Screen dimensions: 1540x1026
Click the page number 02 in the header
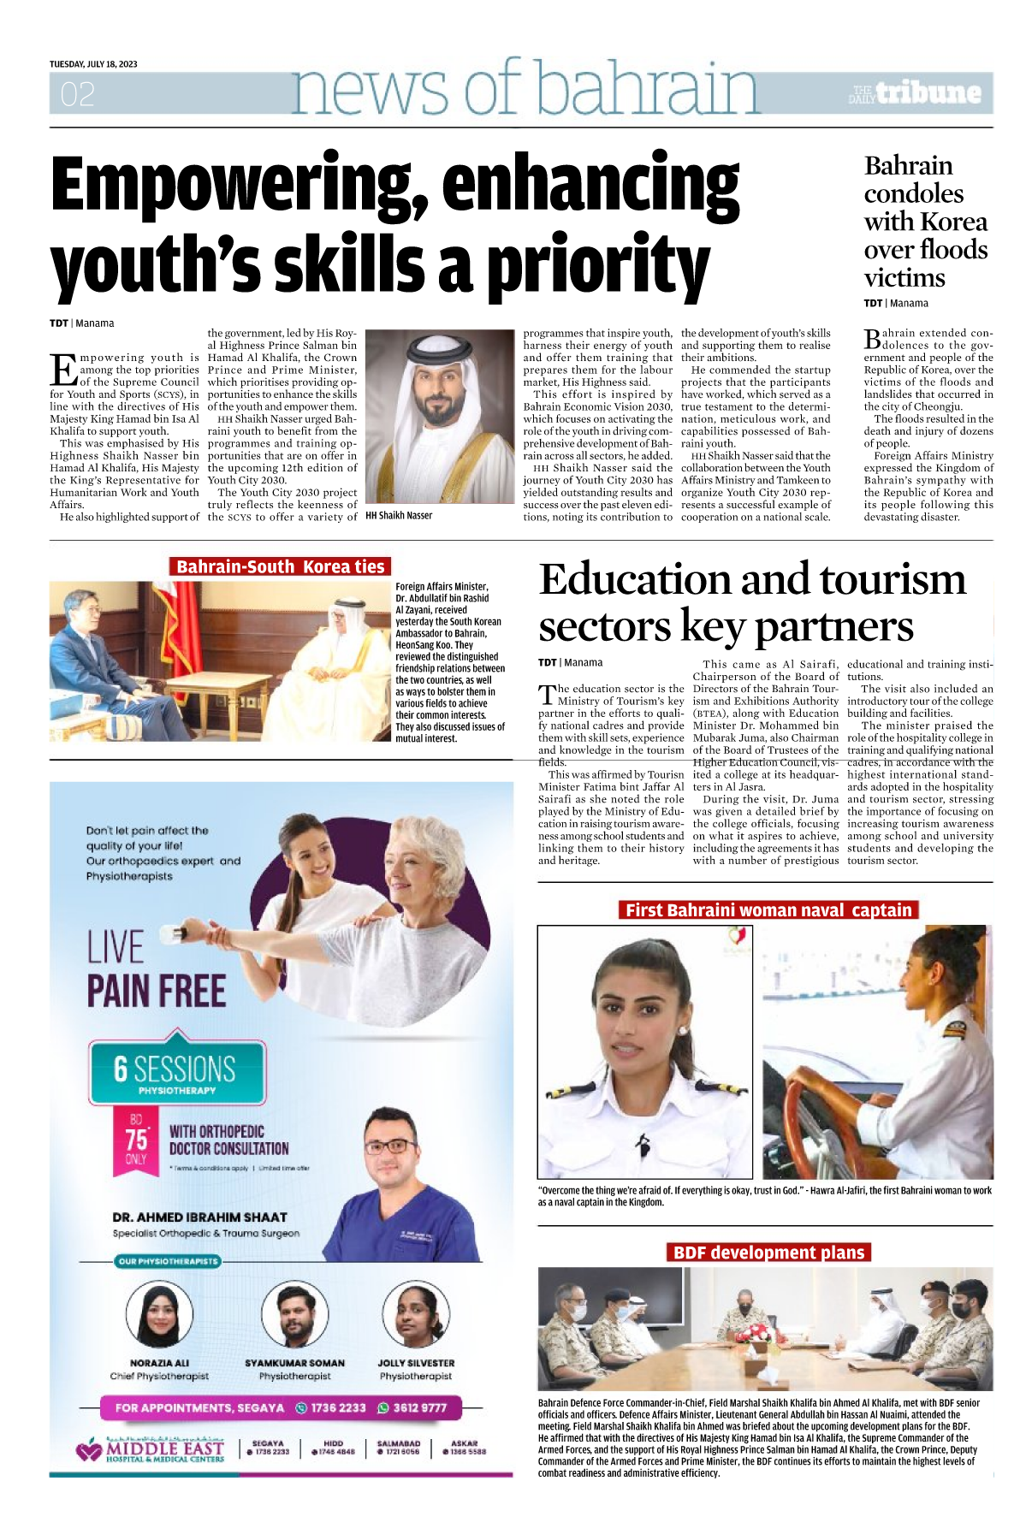tap(77, 94)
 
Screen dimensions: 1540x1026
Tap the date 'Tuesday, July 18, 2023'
tap(93, 64)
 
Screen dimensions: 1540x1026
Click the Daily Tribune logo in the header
tap(915, 92)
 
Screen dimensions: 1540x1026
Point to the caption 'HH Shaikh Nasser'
tap(399, 516)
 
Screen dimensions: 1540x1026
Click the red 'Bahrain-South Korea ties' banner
tap(280, 566)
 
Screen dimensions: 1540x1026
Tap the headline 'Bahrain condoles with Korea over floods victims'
tap(925, 222)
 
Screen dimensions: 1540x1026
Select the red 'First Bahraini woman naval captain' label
tap(768, 910)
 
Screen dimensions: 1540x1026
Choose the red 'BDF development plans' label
tap(768, 1253)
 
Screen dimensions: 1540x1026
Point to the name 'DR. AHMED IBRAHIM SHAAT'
tap(199, 1217)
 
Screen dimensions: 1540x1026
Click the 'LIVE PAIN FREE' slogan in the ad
tap(156, 969)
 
